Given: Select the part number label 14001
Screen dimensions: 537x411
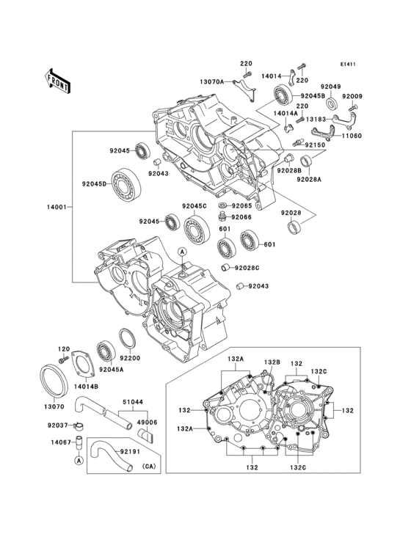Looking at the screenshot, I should [x=56, y=208].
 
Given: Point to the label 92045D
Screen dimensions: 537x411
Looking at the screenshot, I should [x=95, y=183].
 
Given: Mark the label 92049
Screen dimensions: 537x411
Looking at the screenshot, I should [x=331, y=87].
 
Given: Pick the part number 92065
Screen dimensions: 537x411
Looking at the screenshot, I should [x=242, y=206].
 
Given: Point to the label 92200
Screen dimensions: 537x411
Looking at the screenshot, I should [x=131, y=359].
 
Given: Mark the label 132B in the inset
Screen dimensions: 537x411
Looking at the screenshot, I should [x=273, y=362].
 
